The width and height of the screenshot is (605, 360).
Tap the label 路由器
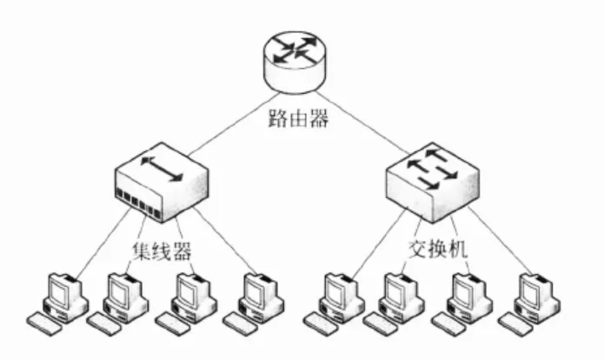point(298,119)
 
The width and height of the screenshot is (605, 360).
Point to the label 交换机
point(438,249)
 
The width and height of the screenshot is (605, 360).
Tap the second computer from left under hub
point(121,296)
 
